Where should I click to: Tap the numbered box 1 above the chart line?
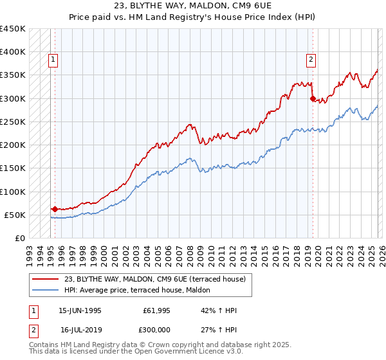[53, 60]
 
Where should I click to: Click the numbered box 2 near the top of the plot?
[311, 60]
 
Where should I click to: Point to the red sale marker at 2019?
[313, 99]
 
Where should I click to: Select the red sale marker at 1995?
[55, 209]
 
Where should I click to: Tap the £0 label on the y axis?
[19, 238]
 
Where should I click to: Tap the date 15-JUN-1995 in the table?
[80, 310]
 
